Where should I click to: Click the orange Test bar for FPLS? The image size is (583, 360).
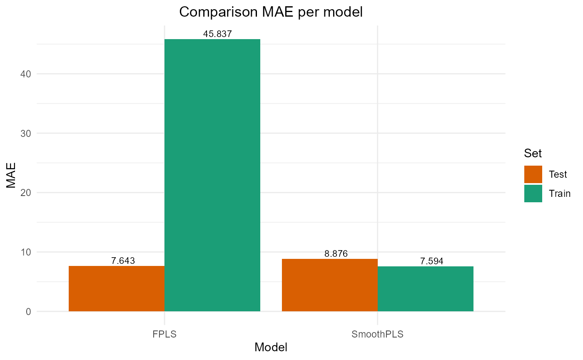117,288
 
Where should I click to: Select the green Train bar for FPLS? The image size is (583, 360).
212,175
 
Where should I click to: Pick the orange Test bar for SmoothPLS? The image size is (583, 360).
330,285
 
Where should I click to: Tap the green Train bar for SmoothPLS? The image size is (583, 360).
426,288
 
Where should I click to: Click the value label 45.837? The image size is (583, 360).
217,34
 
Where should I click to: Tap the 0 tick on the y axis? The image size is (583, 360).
28,311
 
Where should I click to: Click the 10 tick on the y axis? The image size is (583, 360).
26,252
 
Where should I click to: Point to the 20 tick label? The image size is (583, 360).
26,193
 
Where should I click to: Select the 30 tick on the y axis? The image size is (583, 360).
26,133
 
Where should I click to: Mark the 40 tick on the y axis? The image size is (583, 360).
26,74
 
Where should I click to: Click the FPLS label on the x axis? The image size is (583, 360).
164,334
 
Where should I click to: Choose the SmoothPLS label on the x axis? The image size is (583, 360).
378,334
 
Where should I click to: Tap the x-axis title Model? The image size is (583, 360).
271,347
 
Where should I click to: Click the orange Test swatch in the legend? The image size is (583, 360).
533,174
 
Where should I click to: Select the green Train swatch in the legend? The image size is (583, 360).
533,194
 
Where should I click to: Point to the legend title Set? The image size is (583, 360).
533,153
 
